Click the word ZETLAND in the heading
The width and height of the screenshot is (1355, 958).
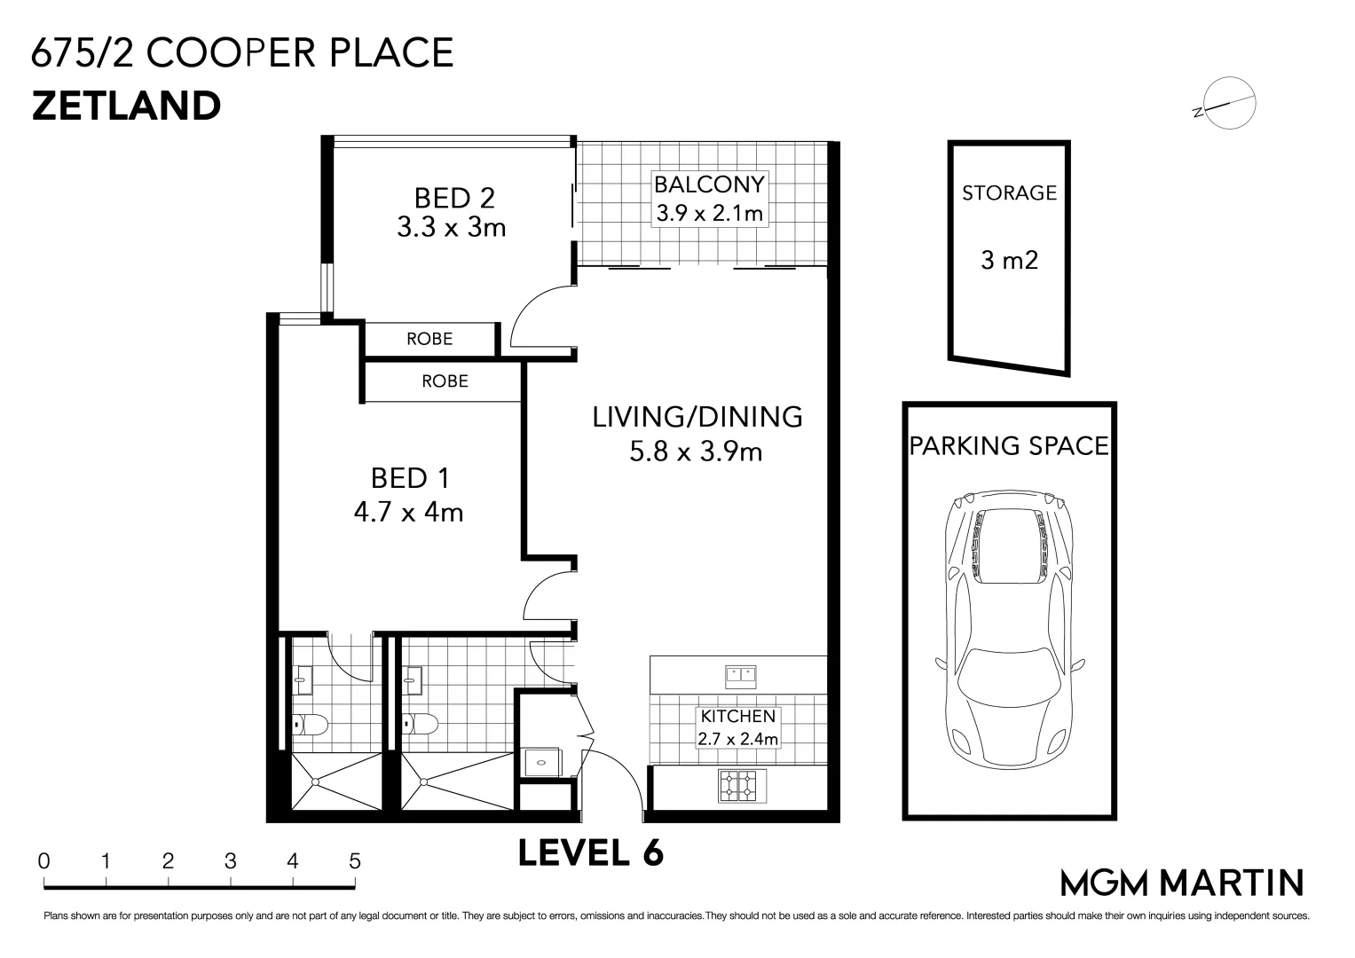coord(126,106)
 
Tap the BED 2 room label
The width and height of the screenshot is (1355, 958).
coord(454,198)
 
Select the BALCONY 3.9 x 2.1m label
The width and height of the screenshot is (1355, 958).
coord(710,199)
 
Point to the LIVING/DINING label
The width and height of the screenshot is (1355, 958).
coord(697,417)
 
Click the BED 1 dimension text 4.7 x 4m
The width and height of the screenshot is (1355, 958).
coord(408,513)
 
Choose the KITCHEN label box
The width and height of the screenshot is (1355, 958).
coord(738,727)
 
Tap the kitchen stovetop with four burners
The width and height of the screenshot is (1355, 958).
coord(742,786)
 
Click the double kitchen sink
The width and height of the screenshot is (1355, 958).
coord(740,677)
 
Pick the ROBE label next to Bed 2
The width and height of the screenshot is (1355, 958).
coord(429,339)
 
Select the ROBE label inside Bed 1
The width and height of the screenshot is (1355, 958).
coord(445,381)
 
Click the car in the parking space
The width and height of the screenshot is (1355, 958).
coord(1010,630)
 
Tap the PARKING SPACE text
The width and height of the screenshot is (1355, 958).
coord(1009,445)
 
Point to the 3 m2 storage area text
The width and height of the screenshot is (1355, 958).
coord(1009,260)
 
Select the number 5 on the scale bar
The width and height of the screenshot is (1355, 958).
coord(355,860)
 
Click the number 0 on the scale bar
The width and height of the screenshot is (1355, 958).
coord(43,860)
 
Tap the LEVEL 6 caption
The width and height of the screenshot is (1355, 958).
coord(591,852)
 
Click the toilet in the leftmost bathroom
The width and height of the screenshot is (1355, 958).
coord(310,725)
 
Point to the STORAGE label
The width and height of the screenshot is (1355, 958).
coord(1009,193)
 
